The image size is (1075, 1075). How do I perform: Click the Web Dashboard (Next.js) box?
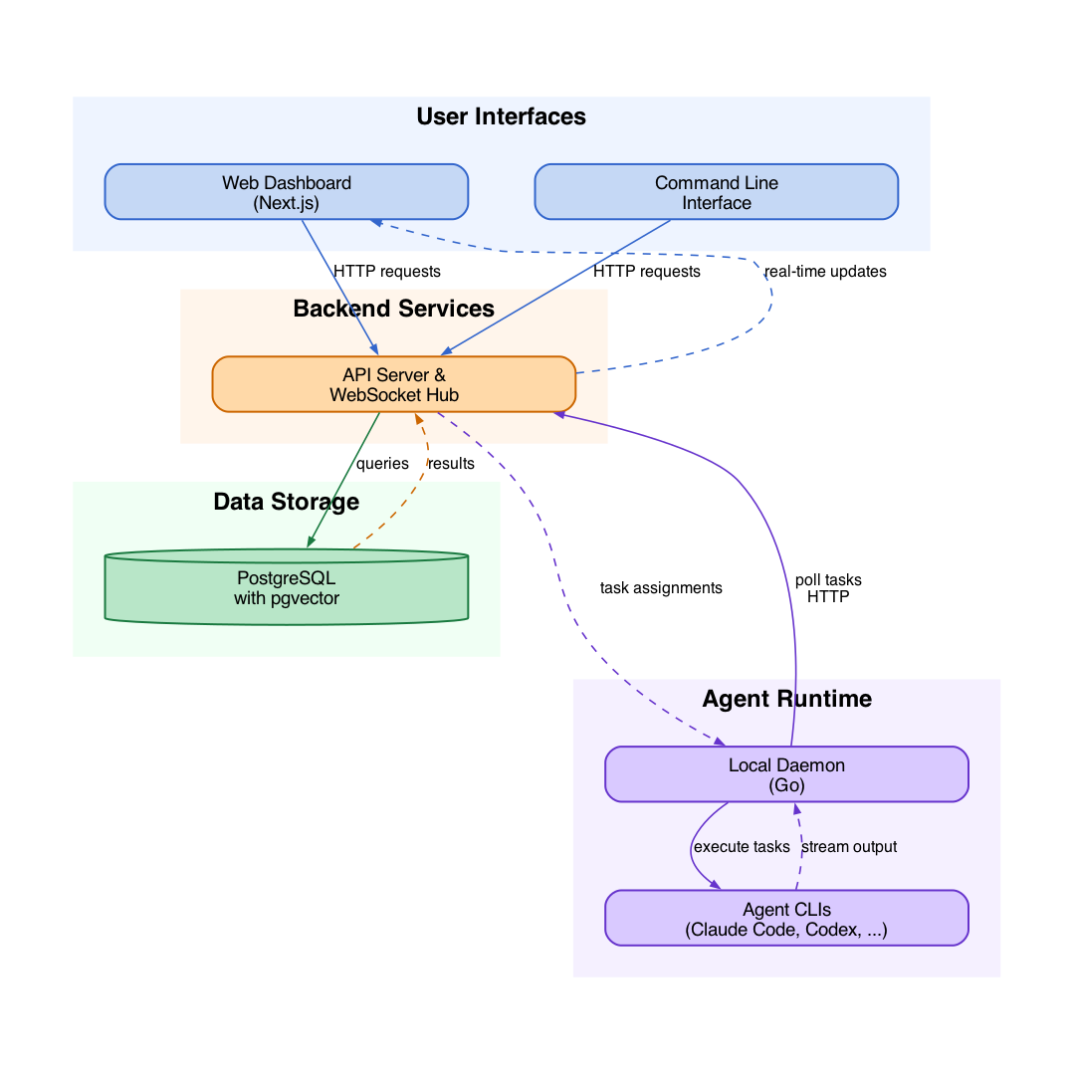(287, 192)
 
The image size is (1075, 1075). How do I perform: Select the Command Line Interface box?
(717, 192)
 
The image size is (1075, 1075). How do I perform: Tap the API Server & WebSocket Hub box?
(394, 384)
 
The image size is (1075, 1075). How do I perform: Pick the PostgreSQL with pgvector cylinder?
(287, 587)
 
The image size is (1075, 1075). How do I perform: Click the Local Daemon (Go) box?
(787, 774)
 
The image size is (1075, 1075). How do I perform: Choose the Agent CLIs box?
(787, 918)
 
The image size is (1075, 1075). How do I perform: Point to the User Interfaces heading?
(501, 116)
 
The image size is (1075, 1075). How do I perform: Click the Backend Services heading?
(393, 309)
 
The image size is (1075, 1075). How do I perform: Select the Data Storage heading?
(287, 502)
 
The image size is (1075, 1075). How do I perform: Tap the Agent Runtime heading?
(787, 699)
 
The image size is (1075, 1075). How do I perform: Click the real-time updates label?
(825, 272)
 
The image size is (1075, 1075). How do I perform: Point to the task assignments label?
(661, 588)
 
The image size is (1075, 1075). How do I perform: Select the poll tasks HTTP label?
(828, 588)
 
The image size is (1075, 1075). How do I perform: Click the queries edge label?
(382, 464)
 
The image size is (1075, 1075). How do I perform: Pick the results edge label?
(451, 464)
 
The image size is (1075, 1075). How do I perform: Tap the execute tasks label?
(742, 847)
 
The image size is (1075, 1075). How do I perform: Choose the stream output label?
(849, 847)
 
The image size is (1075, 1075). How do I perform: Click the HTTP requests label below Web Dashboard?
(386, 272)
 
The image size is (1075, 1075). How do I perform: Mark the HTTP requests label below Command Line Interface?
(647, 272)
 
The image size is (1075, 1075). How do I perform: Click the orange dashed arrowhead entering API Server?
(418, 418)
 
